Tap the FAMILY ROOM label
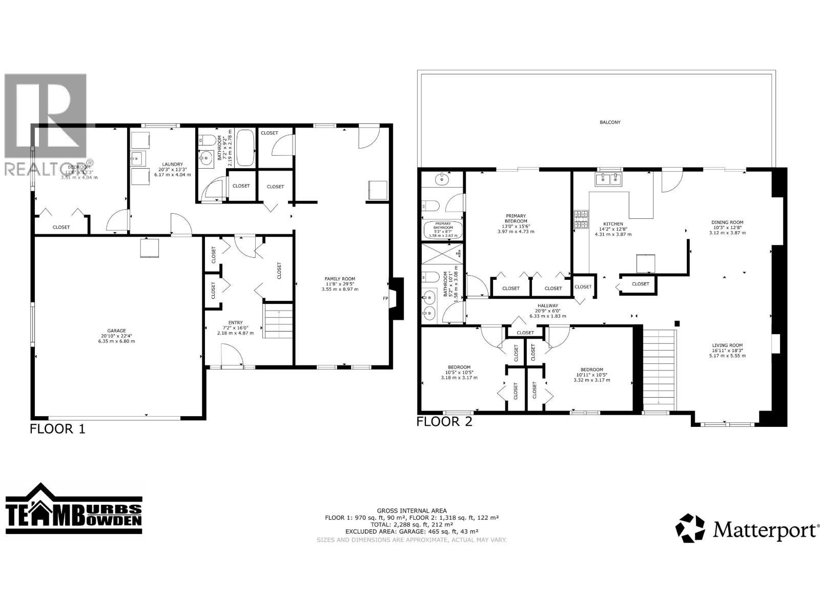(340, 278)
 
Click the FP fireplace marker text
(385, 298)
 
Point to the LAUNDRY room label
(169, 164)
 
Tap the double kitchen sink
(608, 178)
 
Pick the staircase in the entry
(278, 322)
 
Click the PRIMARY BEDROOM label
(516, 219)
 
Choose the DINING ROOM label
(727, 222)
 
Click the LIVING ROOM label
(727, 345)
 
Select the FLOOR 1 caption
(57, 429)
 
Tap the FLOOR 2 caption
(444, 422)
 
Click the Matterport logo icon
(690, 528)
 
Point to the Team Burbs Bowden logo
(74, 512)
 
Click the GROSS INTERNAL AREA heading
(412, 510)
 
